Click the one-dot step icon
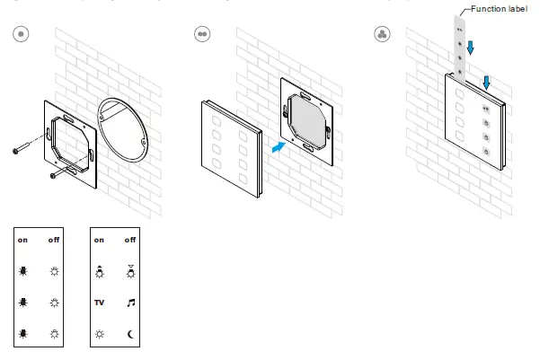point(22,33)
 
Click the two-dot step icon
point(202,33)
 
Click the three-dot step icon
point(382,33)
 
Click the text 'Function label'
point(499,8)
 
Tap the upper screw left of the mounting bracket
point(22,149)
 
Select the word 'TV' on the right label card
point(99,303)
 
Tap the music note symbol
point(130,303)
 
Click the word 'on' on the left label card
point(22,240)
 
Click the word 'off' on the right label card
point(130,240)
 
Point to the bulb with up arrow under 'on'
point(99,270)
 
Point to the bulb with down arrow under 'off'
point(130,270)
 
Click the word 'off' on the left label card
point(54,240)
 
